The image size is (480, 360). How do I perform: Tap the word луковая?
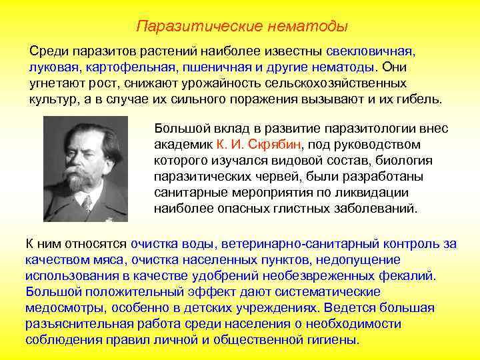[x=51, y=68]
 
